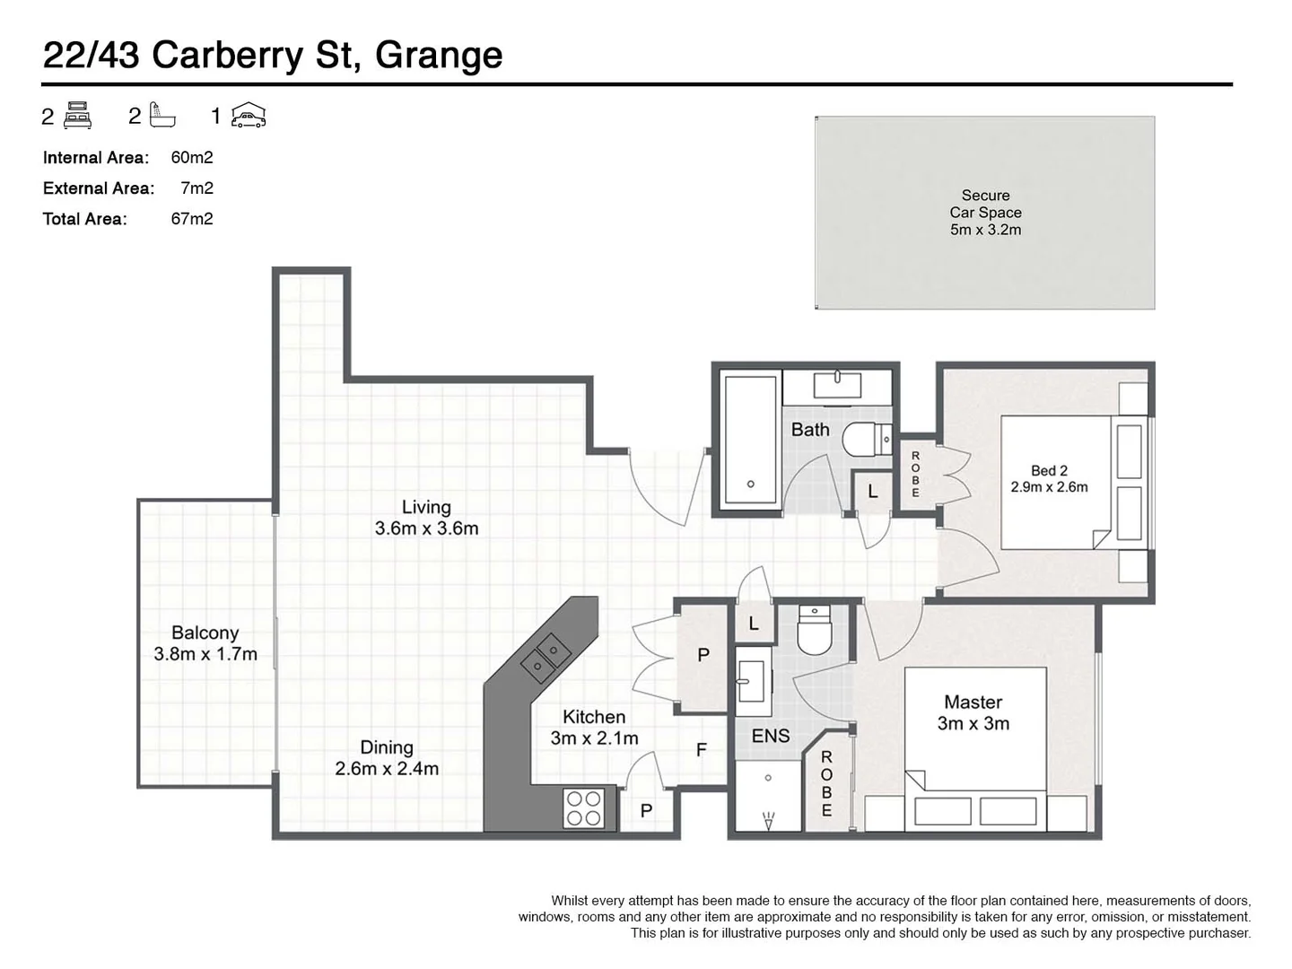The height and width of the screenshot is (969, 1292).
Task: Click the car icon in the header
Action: tap(249, 116)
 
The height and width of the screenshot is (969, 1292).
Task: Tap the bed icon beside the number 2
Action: tap(78, 116)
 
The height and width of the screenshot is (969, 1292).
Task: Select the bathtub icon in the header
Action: tap(163, 116)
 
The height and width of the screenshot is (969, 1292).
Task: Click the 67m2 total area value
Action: tap(192, 219)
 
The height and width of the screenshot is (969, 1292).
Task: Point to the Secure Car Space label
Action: tap(985, 213)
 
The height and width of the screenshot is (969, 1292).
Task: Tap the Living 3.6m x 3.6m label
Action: tap(426, 519)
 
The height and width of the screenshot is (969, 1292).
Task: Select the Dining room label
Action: tap(387, 758)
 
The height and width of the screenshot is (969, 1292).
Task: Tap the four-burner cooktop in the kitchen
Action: tap(583, 807)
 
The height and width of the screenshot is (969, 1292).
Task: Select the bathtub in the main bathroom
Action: tap(751, 440)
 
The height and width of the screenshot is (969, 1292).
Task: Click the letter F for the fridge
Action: tap(702, 750)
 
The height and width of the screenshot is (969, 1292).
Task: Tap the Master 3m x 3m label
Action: tap(973, 713)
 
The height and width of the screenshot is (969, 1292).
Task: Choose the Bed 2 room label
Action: tap(1049, 479)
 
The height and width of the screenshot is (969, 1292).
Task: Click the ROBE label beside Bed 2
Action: tap(915, 474)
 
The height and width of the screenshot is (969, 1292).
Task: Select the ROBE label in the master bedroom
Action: tap(826, 783)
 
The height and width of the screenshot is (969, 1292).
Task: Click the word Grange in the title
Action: tap(439, 56)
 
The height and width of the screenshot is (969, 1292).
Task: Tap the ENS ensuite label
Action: tap(771, 737)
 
